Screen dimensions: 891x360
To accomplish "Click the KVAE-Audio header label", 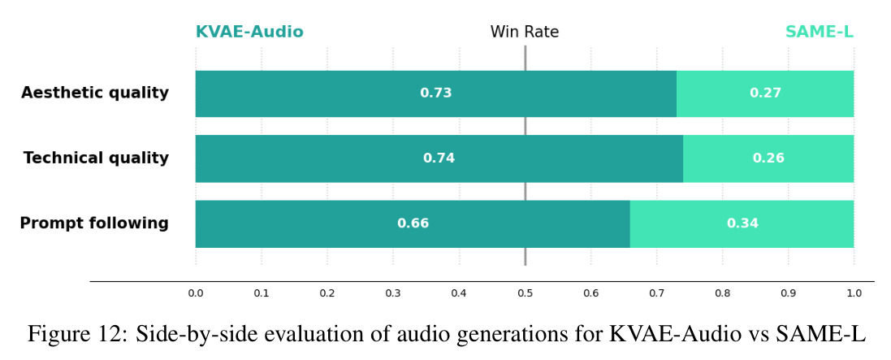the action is pos(249,32).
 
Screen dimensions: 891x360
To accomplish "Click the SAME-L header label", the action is pos(820,32).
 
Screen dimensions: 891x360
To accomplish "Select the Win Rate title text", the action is pos(525,32).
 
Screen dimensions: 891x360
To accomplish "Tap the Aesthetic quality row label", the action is pos(95,93).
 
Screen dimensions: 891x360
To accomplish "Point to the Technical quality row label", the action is pos(96,158).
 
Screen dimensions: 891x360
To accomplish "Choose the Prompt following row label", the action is pos(94,223).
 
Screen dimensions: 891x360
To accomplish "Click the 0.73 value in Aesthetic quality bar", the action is pos(436,93).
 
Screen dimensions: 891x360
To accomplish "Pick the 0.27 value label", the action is pos(765,93).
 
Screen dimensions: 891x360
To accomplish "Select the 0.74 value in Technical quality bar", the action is pos(439,158).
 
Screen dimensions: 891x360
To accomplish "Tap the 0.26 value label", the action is pos(768,158).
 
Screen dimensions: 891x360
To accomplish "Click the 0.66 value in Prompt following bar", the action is pos(413,223).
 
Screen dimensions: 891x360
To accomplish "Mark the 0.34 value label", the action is pos(742,223).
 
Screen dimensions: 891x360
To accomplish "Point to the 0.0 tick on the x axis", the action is pos(196,293).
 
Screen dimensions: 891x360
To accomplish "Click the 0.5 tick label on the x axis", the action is pos(525,293).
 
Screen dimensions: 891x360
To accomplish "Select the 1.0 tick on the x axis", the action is pos(854,293).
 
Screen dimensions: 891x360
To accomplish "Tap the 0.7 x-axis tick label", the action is pos(656,293).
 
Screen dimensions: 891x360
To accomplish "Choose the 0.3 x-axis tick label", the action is pos(392,293).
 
